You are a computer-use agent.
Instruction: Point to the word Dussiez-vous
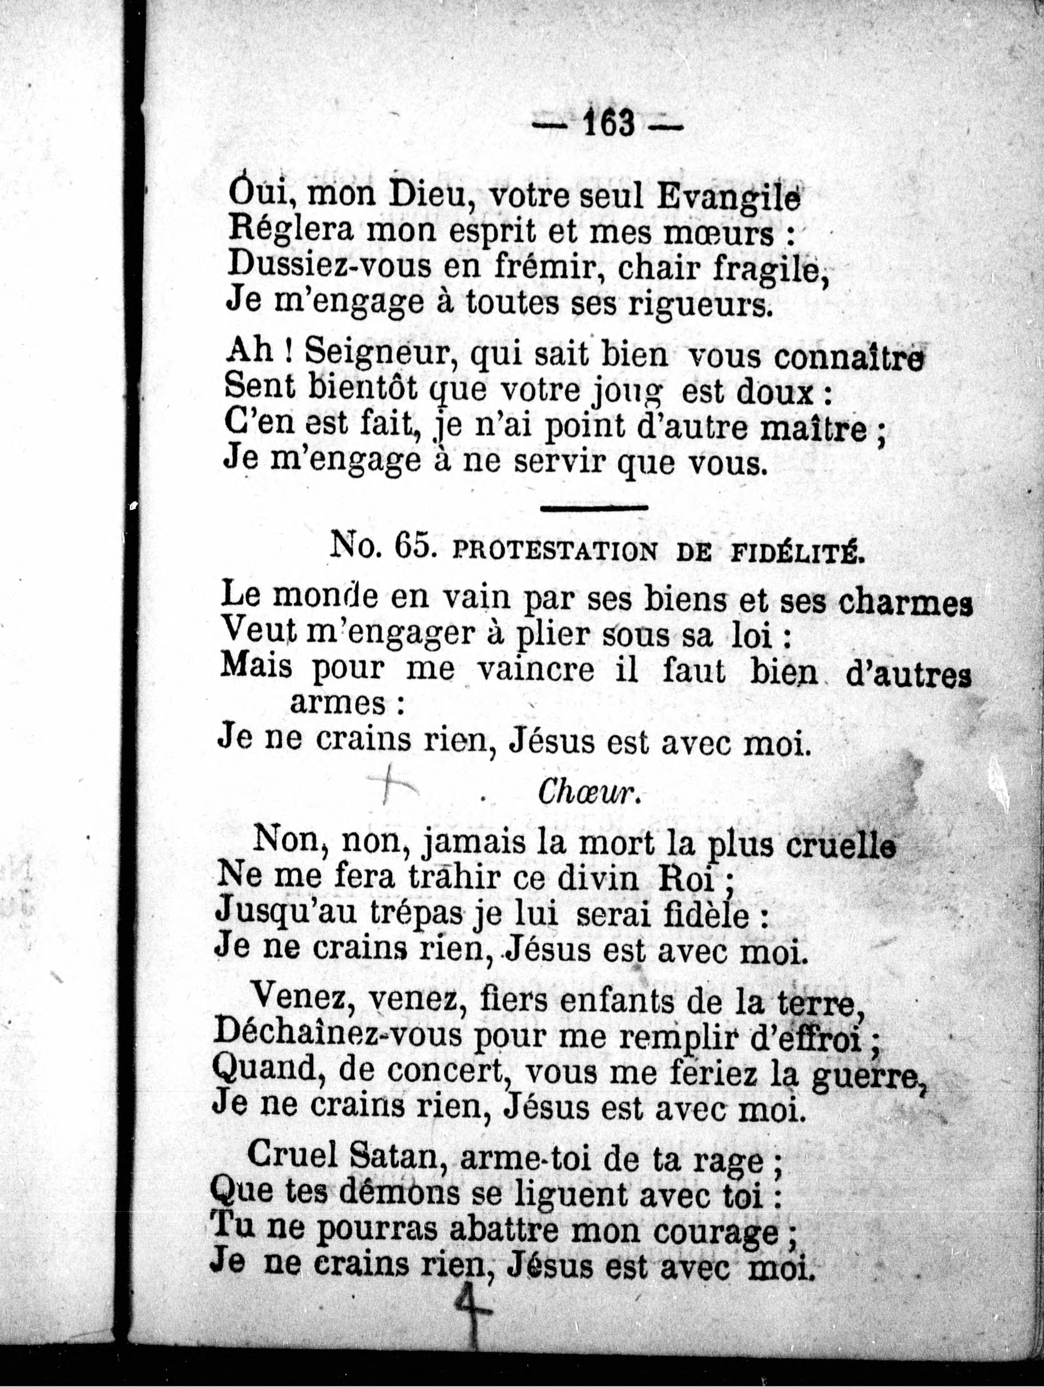[x=323, y=267]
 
